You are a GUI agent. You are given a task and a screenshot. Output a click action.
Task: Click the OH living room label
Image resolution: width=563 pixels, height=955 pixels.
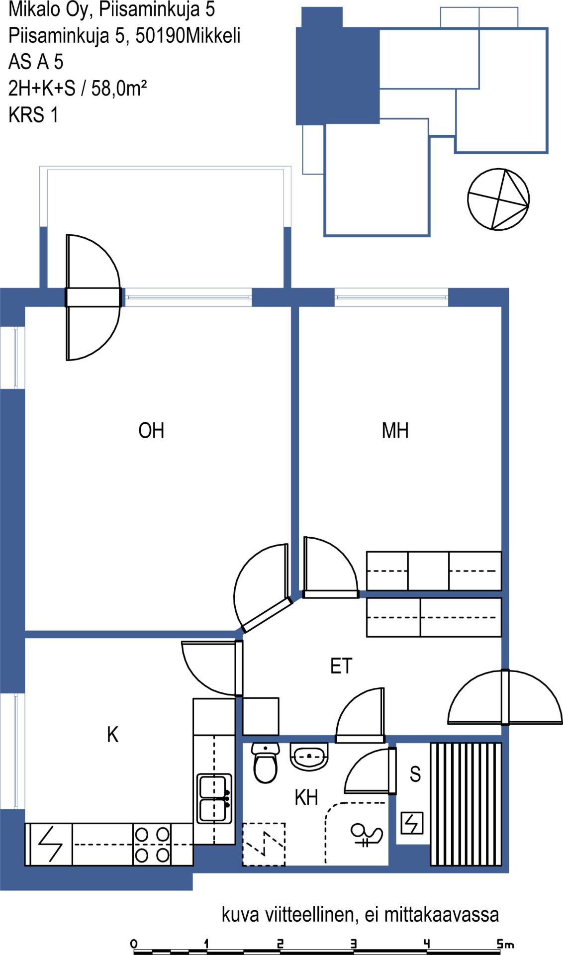[x=151, y=430]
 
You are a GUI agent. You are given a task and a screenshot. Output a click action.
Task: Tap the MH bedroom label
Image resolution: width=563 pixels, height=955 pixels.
[x=395, y=430]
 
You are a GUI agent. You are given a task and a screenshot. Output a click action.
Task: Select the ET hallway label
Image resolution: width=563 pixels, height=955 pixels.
[x=341, y=666]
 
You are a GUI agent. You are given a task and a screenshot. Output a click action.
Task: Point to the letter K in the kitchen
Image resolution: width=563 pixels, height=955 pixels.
[x=113, y=735]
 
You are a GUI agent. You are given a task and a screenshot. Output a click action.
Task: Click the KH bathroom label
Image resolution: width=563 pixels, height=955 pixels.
[x=306, y=797]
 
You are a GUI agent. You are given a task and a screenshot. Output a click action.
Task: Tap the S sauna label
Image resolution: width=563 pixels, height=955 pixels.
[x=415, y=774]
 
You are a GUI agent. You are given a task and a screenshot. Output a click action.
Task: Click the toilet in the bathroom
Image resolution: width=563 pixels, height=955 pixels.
[x=265, y=764]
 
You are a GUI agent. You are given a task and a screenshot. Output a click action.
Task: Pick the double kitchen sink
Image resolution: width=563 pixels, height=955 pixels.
[x=214, y=798]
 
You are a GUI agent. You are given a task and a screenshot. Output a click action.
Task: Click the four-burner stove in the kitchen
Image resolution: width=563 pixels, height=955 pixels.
[x=153, y=845]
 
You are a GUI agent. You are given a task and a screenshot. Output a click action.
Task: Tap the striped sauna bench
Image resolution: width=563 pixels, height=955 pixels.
[x=466, y=804]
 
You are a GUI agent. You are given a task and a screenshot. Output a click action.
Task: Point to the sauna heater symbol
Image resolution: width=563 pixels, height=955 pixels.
[x=412, y=823]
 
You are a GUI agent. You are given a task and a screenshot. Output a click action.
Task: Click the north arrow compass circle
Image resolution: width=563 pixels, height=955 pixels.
[x=498, y=199]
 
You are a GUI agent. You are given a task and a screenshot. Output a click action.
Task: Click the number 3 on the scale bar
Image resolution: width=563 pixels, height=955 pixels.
[x=354, y=944]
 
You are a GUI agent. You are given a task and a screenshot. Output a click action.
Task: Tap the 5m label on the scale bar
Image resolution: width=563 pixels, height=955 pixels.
[x=506, y=944]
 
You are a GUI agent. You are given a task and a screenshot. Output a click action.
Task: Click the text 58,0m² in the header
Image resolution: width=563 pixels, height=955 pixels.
[x=119, y=88]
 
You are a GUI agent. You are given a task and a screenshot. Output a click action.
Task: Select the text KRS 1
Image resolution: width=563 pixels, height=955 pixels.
[x=33, y=115]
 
